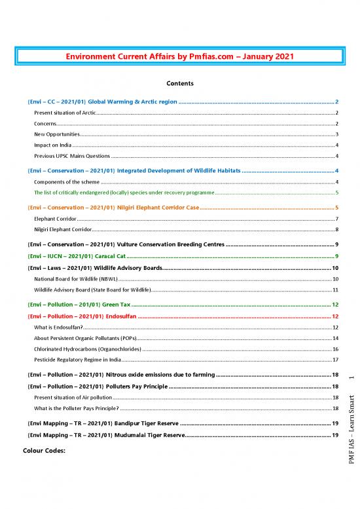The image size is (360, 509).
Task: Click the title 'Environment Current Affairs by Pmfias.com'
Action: [180, 57]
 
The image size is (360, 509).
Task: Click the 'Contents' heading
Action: [180, 84]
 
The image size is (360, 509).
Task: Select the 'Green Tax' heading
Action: [79, 305]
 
